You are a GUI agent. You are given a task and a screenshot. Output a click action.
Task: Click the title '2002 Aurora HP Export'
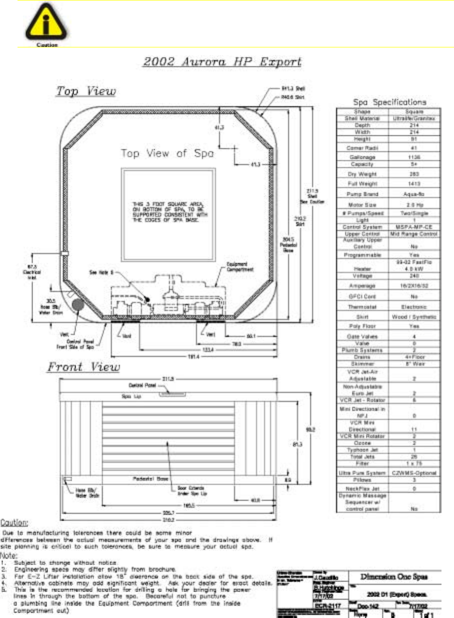(222, 63)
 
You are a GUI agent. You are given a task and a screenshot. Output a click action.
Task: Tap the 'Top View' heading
(85, 92)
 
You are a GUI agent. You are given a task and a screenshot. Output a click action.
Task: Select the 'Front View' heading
(83, 367)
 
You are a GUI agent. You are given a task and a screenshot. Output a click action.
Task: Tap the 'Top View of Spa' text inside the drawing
(167, 154)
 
